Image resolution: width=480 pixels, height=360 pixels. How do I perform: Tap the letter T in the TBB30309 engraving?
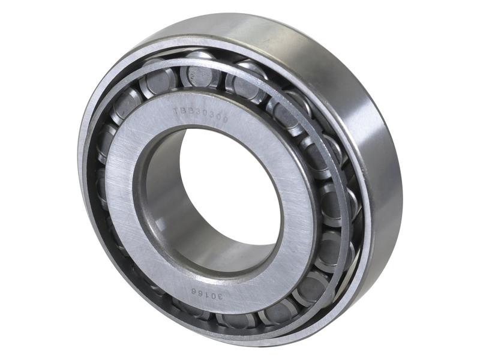click(176, 111)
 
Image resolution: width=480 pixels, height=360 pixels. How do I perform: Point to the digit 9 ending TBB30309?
click(225, 118)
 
